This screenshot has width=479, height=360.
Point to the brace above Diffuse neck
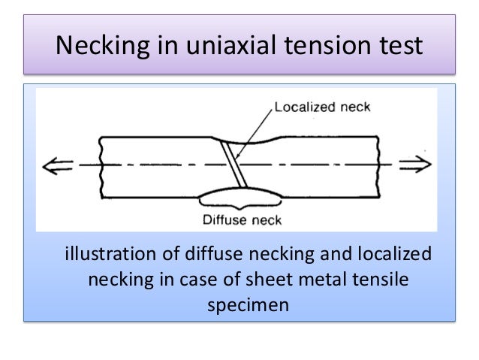[239, 198]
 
